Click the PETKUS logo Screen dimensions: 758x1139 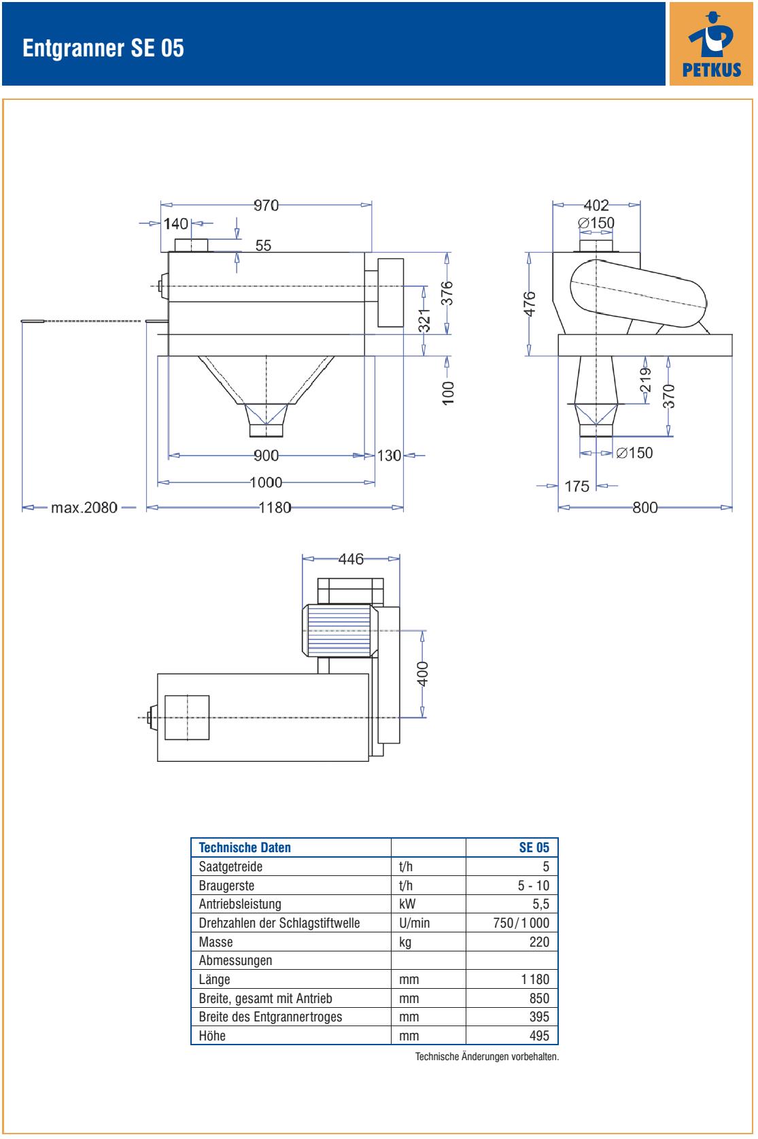(x=711, y=43)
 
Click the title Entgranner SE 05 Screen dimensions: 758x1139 (x=103, y=48)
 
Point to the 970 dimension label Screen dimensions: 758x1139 (x=266, y=205)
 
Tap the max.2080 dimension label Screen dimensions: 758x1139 (x=84, y=508)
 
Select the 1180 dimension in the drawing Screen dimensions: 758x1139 (x=275, y=508)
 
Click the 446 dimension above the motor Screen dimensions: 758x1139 (x=351, y=559)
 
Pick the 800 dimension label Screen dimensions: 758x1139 (x=645, y=508)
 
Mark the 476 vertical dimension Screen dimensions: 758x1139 (x=530, y=304)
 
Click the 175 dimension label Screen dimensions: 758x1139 (x=577, y=487)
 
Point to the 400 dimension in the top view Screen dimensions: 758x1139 (x=422, y=673)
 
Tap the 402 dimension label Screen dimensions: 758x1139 (x=596, y=205)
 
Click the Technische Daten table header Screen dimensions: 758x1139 (x=245, y=847)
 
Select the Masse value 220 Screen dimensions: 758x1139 (x=539, y=942)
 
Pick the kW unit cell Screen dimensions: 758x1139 (x=407, y=904)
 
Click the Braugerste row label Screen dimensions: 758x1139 (x=226, y=886)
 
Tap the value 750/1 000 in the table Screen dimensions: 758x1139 (x=521, y=923)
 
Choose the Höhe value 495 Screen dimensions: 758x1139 (x=539, y=1036)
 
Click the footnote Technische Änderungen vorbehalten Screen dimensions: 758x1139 (x=487, y=1057)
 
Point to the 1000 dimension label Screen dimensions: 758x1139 (x=266, y=483)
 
